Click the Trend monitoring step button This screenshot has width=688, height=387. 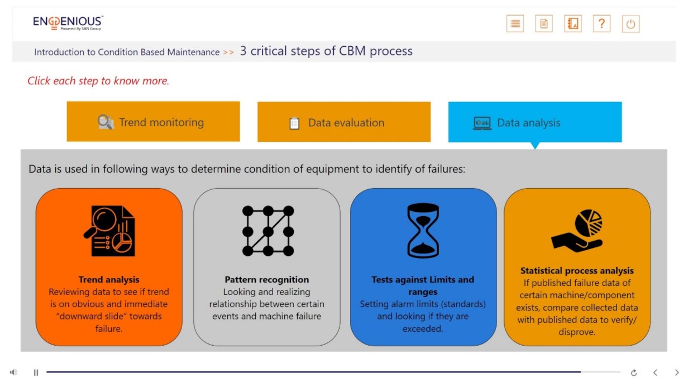pyautogui.click(x=153, y=122)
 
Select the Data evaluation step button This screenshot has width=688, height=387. pyautogui.click(x=344, y=123)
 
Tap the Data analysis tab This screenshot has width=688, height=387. pyautogui.click(x=535, y=123)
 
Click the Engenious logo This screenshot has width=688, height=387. pyautogui.click(x=68, y=23)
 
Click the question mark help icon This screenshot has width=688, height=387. pyautogui.click(x=601, y=24)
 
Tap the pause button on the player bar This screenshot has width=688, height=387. pyautogui.click(x=36, y=372)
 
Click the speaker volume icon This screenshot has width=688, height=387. pyautogui.click(x=13, y=372)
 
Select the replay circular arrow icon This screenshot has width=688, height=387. pyautogui.click(x=634, y=372)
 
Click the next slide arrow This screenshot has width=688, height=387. pyautogui.click(x=677, y=372)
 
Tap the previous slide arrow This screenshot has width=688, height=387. pyautogui.click(x=655, y=372)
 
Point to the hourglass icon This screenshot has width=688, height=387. pyautogui.click(x=423, y=231)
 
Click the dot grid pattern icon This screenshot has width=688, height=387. pyautogui.click(x=268, y=231)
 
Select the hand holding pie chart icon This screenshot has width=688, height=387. pyautogui.click(x=577, y=231)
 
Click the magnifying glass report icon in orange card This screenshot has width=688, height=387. pyautogui.click(x=110, y=231)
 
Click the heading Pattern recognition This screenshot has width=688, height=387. pyautogui.click(x=267, y=279)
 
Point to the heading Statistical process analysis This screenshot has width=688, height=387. pyautogui.click(x=577, y=271)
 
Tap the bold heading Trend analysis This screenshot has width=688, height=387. pyautogui.click(x=109, y=279)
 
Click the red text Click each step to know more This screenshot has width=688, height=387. pyautogui.click(x=98, y=81)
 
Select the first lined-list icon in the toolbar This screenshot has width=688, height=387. pyautogui.click(x=515, y=24)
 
